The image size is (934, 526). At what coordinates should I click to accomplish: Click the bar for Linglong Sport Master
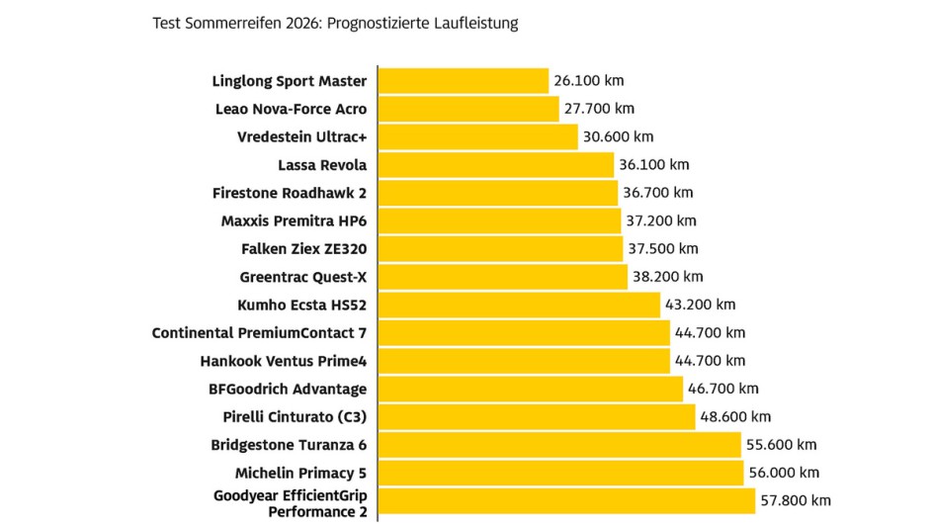pyautogui.click(x=464, y=81)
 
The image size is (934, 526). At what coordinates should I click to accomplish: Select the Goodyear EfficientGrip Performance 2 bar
pyautogui.click(x=566, y=501)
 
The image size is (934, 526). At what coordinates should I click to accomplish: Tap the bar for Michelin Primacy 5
pyautogui.click(x=560, y=473)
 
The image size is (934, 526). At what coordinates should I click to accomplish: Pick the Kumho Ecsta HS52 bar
pyautogui.click(x=519, y=305)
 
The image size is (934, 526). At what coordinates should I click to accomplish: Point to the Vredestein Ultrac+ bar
pyautogui.click(x=478, y=136)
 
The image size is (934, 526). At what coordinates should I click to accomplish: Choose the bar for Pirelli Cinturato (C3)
pyautogui.click(x=537, y=416)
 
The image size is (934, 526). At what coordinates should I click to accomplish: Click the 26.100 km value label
pyautogui.click(x=589, y=81)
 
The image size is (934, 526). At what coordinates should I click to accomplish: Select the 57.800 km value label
pyautogui.click(x=796, y=501)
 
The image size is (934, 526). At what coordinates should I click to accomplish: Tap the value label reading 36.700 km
pyautogui.click(x=657, y=193)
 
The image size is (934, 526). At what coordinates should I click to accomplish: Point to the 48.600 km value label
pyautogui.click(x=734, y=416)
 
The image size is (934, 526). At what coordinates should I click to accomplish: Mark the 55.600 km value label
pyautogui.click(x=781, y=445)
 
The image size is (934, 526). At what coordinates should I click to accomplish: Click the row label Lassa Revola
pyautogui.click(x=322, y=165)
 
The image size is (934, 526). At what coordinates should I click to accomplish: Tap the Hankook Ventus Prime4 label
pyautogui.click(x=283, y=361)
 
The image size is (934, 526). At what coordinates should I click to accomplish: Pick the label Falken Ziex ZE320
pyautogui.click(x=303, y=249)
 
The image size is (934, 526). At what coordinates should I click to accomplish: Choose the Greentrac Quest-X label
pyautogui.click(x=303, y=277)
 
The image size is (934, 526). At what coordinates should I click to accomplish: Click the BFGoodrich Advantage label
pyautogui.click(x=288, y=389)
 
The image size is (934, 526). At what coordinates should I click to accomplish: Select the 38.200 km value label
pyautogui.click(x=667, y=277)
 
